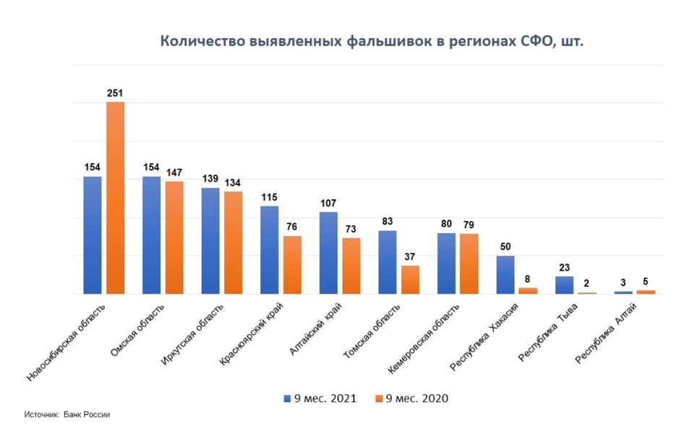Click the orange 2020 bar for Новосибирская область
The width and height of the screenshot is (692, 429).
click(x=115, y=198)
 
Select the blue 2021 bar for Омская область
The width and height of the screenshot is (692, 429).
click(x=151, y=235)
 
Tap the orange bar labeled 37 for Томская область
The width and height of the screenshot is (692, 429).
click(x=410, y=279)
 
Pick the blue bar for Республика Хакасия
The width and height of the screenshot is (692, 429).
click(x=505, y=274)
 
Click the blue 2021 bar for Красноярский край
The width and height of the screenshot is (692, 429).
click(x=269, y=250)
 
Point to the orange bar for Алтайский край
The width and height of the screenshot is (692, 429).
click(x=351, y=266)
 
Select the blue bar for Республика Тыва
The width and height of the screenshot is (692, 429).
click(x=564, y=285)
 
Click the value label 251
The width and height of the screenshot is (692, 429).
click(x=115, y=93)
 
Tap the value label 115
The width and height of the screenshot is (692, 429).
click(x=269, y=197)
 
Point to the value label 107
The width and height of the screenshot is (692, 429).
click(x=328, y=203)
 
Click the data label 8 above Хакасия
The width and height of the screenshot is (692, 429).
click(x=529, y=279)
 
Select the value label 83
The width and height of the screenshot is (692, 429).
click(x=387, y=222)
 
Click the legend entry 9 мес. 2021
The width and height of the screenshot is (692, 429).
click(x=320, y=399)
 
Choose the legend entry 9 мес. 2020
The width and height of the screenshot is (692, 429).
click(x=411, y=399)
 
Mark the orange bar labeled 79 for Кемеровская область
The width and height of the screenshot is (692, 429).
click(x=469, y=264)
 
